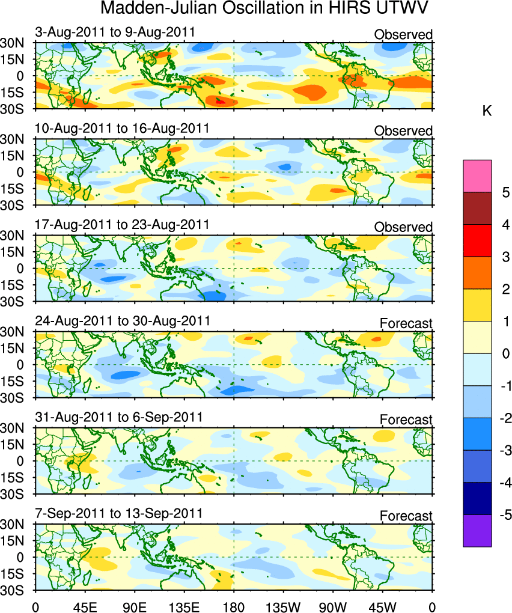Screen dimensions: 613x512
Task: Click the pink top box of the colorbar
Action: [477, 175]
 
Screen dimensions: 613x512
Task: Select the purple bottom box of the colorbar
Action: [477, 531]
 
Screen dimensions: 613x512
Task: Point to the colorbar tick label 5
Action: [505, 192]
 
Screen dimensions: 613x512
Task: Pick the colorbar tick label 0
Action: [505, 353]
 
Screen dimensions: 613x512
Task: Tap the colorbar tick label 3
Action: [505, 257]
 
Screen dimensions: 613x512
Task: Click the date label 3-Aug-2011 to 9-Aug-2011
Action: [114, 32]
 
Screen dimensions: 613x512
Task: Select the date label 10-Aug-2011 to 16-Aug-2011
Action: [121, 128]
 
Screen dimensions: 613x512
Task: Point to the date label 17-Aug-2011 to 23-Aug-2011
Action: [121, 224]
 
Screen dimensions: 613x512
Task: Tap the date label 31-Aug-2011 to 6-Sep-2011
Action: [120, 417]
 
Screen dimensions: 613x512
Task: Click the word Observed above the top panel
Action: [403, 35]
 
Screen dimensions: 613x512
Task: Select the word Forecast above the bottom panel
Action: [406, 516]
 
